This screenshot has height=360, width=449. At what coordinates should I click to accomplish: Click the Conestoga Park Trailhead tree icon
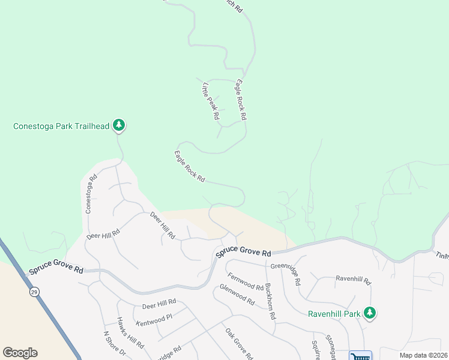(119, 125)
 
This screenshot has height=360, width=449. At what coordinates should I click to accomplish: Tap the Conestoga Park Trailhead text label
(61, 126)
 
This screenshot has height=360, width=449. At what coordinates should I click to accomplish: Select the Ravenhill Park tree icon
(370, 313)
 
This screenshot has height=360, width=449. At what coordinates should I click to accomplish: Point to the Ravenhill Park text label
(335, 313)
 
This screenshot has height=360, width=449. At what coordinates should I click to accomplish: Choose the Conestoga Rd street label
(91, 194)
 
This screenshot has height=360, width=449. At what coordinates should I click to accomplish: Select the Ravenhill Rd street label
(354, 280)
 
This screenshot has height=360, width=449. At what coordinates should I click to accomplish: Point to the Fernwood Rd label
(245, 282)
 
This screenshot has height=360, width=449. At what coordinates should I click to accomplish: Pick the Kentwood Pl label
(154, 319)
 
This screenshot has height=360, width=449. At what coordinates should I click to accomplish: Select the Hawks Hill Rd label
(130, 333)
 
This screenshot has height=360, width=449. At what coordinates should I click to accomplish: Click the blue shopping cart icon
(360, 356)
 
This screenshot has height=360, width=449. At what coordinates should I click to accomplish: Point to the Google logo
(20, 353)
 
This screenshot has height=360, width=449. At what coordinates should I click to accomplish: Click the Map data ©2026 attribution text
(423, 355)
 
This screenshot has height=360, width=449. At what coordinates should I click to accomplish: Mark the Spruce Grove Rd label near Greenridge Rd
(244, 253)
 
